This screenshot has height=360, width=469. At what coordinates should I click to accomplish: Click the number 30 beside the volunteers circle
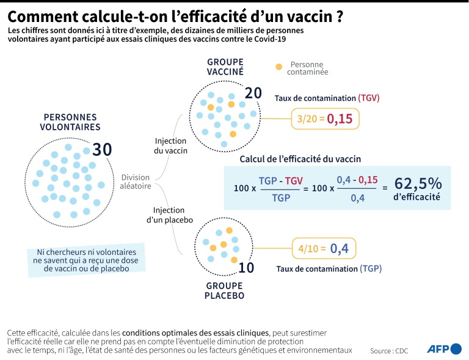point(103,149)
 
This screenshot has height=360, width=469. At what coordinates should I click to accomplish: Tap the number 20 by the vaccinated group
point(253,93)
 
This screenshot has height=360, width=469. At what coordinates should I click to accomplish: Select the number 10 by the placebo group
point(245,267)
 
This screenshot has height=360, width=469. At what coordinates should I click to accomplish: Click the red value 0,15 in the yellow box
point(340,119)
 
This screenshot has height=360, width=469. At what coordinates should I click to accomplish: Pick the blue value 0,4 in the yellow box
point(340,249)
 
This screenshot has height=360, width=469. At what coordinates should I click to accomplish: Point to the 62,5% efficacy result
point(418,183)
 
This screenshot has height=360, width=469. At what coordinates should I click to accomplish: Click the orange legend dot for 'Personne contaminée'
point(279,66)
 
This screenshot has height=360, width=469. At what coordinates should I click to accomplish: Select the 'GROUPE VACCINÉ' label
point(225,67)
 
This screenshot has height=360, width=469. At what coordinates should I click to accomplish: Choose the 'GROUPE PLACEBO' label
point(224,291)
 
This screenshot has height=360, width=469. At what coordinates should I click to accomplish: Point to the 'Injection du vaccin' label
point(171,146)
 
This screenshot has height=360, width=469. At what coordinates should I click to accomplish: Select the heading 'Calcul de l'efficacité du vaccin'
point(300,158)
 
